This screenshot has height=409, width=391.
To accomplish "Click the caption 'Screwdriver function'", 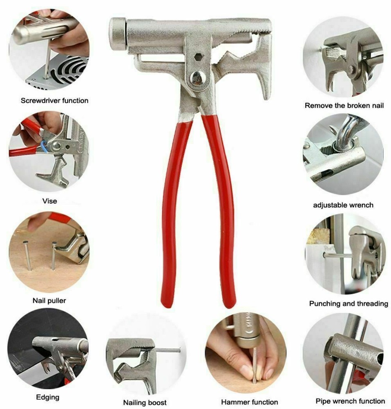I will tap(54, 100).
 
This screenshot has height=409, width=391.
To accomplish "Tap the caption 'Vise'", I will tap(49, 201).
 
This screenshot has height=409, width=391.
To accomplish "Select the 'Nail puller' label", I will tap(49, 301).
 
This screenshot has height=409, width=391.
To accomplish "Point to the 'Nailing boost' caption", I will tap(145, 402).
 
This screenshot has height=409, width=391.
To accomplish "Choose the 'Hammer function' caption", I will tap(249, 402).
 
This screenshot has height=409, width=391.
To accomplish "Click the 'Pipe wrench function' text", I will tap(350, 401).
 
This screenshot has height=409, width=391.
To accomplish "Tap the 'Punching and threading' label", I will tap(349, 303).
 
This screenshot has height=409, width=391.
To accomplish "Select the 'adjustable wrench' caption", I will tap(343, 204).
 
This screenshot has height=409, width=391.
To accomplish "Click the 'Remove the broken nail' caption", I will tap(344, 106).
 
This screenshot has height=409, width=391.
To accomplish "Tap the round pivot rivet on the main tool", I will tap(197, 77).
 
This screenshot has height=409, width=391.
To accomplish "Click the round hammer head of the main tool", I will tap(117, 34).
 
